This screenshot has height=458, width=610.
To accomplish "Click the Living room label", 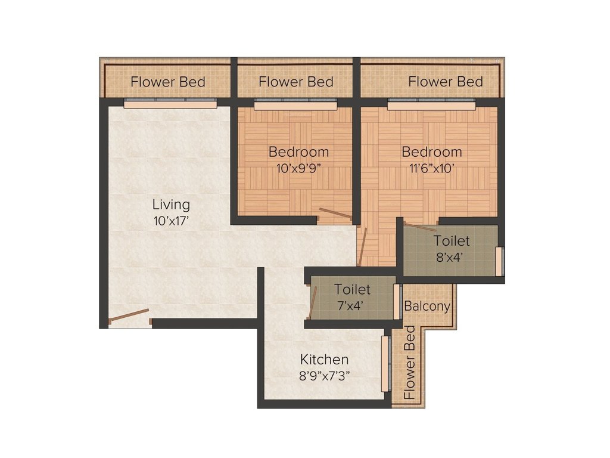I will coord(171,205).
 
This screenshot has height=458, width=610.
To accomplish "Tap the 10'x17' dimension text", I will coord(171,221).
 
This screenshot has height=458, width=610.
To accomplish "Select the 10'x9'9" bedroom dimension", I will coord(298,168).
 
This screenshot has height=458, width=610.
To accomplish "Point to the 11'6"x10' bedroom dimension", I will coord(431,168).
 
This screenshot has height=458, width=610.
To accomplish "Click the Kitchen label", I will coord(324,360).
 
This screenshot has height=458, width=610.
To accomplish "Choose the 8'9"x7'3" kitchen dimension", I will coord(324,376).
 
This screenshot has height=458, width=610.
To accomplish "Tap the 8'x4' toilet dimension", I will coord(451,256).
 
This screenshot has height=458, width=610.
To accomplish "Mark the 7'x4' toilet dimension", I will coord(351,305).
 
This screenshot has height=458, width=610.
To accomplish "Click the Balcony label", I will coord(427,306).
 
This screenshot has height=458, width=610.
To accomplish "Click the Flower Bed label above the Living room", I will coord(168,82).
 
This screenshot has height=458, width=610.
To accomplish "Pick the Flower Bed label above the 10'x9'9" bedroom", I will coord(296,82).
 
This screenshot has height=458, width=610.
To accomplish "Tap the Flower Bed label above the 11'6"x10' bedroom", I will coord(445,81).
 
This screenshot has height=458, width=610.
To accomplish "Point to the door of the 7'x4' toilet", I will coord(313,302).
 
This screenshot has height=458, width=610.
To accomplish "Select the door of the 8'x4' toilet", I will coord(419,227).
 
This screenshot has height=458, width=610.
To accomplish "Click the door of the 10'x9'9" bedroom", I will coord(334,213).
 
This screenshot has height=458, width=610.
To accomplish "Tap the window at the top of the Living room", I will coord(170,104).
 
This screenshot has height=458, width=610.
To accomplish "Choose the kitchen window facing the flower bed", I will coord(385,364).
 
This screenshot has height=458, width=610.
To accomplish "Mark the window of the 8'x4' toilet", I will coord(499,261).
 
